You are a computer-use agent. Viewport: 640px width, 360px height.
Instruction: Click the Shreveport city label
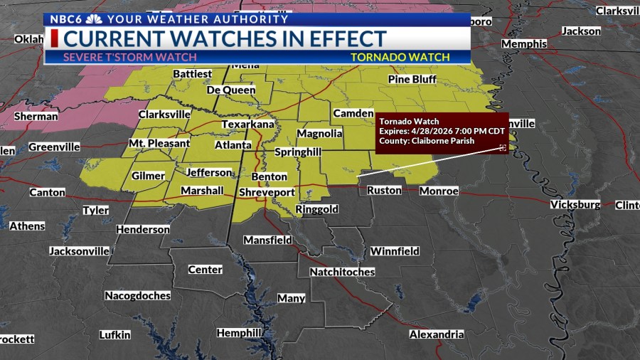267,192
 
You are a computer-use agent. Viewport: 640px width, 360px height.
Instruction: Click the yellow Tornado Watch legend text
400,57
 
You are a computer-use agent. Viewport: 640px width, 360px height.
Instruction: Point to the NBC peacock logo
93,19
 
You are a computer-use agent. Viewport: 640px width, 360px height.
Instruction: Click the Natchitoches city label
342,272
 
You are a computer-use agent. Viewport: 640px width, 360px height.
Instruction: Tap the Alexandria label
437,334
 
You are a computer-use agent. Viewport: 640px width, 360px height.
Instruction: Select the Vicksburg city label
575,204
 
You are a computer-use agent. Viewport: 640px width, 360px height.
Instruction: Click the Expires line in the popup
441,131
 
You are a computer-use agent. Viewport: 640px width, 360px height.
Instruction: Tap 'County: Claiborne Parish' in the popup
427,141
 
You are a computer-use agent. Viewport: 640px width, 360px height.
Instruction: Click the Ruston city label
384,190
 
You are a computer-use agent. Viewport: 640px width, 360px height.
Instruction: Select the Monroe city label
439,191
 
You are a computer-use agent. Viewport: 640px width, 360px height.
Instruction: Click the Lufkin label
114,334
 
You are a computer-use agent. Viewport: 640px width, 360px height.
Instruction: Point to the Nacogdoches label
137,295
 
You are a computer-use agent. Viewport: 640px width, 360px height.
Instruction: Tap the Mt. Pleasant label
159,143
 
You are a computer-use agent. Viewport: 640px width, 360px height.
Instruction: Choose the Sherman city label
36,116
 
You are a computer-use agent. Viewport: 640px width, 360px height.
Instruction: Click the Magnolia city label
319,133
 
